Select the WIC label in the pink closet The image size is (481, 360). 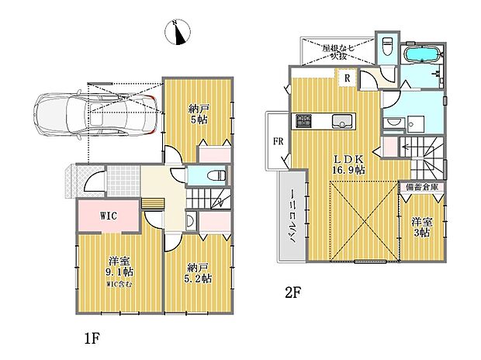coord(108,216)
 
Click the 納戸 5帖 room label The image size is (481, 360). coord(198,115)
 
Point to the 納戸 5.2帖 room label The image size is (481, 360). coord(198,272)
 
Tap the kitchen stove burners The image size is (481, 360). coord(302,121)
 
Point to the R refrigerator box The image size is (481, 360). coord(347,78)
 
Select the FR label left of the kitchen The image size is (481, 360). coord(276,141)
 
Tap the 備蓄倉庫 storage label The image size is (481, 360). coord(421,188)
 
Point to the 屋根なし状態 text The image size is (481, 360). coord(338,52)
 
